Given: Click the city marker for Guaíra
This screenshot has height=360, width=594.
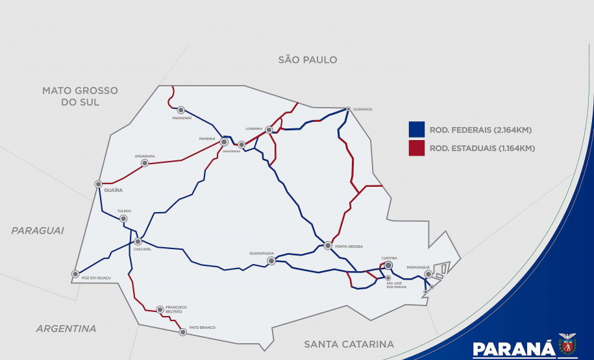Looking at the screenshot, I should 98,184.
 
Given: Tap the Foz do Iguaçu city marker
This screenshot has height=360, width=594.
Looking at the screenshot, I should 76,274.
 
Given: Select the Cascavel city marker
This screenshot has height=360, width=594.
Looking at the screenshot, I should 138,241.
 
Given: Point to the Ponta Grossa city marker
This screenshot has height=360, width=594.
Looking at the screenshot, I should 328,246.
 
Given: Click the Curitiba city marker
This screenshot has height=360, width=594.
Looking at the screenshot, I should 388,265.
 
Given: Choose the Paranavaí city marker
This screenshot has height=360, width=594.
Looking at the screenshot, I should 181,110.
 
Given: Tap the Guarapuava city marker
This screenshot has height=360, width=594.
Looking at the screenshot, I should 271,261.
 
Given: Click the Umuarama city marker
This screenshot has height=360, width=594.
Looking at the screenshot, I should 145,163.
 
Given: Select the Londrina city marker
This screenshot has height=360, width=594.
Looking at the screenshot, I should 269,130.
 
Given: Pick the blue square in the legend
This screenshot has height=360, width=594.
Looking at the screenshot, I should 417,129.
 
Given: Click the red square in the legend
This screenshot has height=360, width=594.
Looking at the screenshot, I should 417,148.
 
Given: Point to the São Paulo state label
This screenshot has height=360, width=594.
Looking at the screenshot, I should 308,60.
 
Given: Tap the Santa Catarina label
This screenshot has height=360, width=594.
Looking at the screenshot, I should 349,344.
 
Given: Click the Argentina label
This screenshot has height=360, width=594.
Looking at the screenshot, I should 66,329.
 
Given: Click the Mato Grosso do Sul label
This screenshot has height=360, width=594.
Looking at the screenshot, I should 80,97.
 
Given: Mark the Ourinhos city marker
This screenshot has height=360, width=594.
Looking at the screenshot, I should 348,109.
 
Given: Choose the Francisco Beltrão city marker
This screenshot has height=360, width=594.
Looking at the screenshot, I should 160,309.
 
